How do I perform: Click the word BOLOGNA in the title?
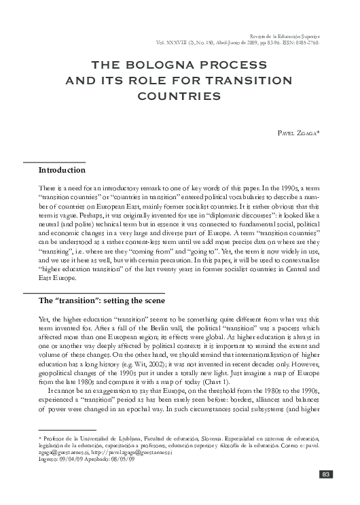[x=161, y=66]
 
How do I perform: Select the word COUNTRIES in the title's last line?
[x=179, y=96]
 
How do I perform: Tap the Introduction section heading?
[x=62, y=169]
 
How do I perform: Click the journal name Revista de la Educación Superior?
[x=286, y=33]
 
